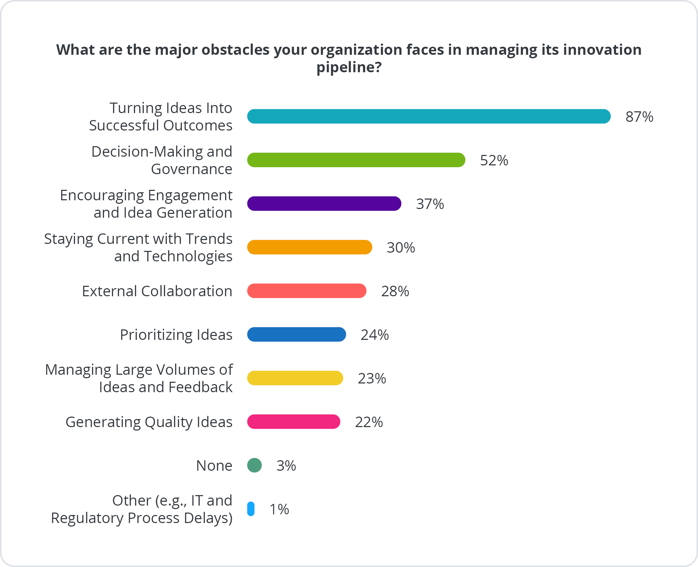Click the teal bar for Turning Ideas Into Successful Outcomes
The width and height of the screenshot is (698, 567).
[429, 116]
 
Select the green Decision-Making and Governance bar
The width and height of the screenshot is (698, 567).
[356, 160]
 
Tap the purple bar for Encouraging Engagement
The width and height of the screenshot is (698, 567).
[324, 203]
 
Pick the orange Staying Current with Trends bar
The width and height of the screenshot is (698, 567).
[310, 247]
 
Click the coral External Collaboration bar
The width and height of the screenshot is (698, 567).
[306, 291]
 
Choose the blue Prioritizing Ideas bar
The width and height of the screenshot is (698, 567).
[296, 334]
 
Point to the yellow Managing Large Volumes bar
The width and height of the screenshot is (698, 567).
[295, 378]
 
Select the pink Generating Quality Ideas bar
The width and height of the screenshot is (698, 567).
[294, 421]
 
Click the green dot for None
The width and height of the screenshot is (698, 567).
[254, 465]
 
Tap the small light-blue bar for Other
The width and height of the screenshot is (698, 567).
[251, 509]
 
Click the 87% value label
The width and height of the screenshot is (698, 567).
[639, 117]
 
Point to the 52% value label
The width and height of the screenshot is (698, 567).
[494, 161]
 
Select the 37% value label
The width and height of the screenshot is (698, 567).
[430, 204]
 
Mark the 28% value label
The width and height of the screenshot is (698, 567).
[395, 291]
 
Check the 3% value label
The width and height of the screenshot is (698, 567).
[286, 466]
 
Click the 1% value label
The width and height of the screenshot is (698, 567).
[279, 509]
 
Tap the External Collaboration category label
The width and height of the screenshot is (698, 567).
[157, 291]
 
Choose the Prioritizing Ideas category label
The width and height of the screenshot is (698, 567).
[176, 335]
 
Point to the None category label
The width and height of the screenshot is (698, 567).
[214, 465]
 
